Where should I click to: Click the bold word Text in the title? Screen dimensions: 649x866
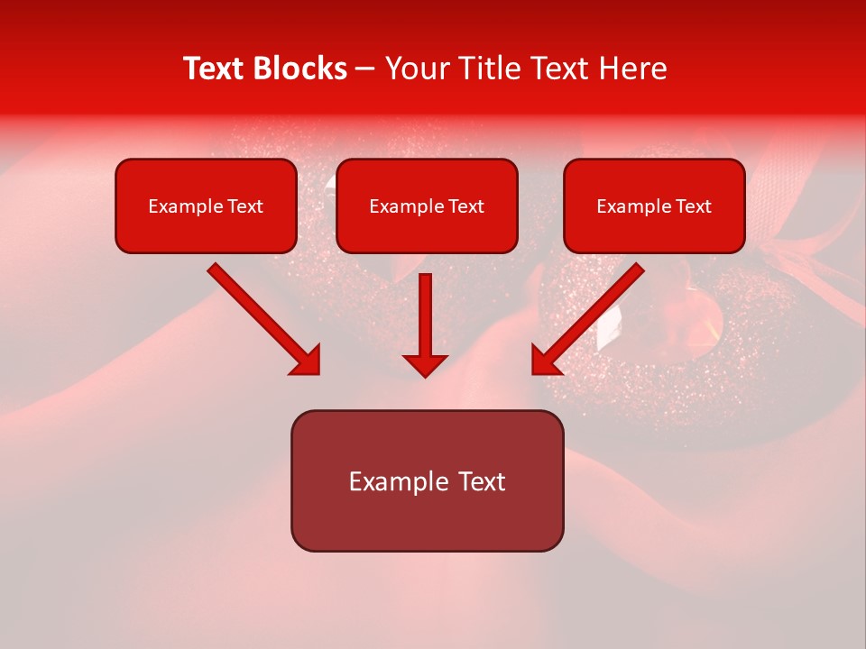214,69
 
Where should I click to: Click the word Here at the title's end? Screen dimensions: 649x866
634,69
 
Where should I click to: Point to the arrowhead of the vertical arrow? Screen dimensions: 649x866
425,364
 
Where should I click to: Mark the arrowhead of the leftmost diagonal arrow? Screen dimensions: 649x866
306,360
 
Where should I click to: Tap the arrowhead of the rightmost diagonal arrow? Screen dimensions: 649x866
546,360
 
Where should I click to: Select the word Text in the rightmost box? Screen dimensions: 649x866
693,206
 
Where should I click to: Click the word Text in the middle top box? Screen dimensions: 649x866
465,206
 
